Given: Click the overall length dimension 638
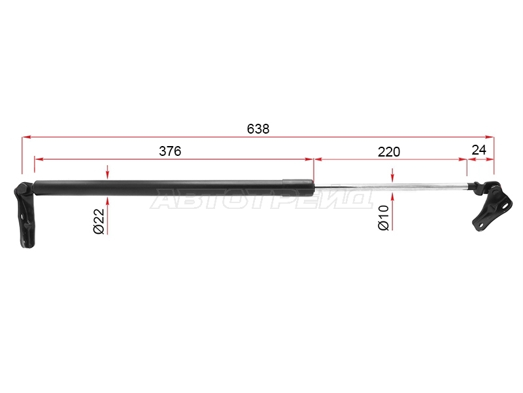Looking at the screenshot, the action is [258, 128].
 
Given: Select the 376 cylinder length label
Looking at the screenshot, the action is [170, 151].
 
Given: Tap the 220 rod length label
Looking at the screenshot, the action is [389, 152].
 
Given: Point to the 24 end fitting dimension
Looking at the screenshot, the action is [479, 150].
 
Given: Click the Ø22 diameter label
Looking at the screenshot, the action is [99, 221].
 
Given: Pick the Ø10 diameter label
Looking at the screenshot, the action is [384, 217].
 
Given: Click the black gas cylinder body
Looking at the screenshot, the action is [173, 188].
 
